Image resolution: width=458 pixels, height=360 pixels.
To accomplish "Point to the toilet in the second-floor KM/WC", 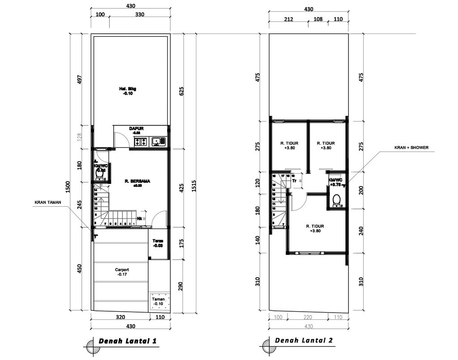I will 337,199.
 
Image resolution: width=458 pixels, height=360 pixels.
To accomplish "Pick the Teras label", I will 157,243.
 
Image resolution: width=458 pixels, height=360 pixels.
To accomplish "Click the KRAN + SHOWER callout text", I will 411,147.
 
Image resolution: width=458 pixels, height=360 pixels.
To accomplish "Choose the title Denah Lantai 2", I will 304,340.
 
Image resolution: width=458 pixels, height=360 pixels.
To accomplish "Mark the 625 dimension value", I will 182,92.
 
